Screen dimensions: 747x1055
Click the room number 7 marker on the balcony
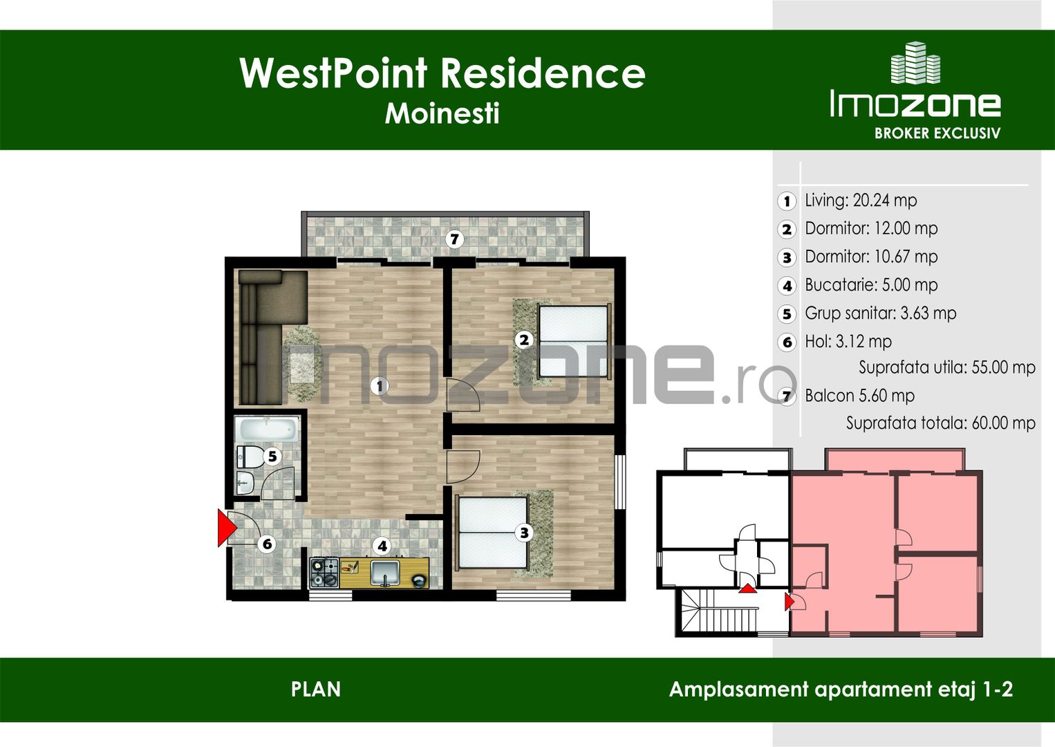tap(454, 239)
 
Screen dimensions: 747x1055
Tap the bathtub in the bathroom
tap(267, 430)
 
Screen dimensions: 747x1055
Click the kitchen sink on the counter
tap(384, 573)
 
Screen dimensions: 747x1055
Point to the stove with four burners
tap(324, 573)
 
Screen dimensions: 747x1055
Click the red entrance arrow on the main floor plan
tap(227, 528)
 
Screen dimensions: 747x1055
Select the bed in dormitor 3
tap(492, 532)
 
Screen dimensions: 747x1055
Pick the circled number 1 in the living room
tap(379, 386)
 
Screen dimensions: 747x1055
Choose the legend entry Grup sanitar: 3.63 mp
tap(880, 313)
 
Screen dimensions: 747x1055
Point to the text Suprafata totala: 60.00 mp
tap(940, 423)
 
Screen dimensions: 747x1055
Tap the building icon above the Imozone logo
tap(915, 64)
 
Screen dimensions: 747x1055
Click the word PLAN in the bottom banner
tap(316, 690)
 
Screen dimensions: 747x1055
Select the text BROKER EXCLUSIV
tap(937, 133)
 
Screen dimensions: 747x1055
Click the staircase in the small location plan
tap(719, 611)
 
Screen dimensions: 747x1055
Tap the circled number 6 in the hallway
tap(267, 544)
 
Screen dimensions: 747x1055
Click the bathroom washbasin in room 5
tap(245, 483)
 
